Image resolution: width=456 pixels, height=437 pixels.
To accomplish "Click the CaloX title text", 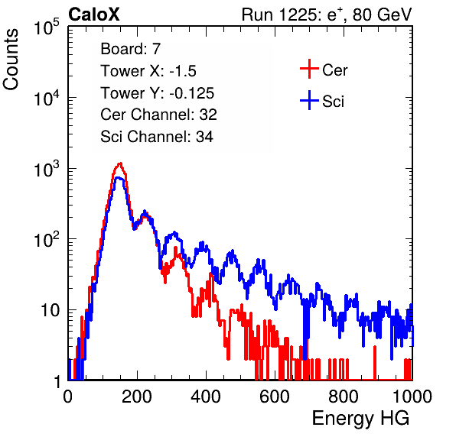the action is pyautogui.click(x=94, y=15).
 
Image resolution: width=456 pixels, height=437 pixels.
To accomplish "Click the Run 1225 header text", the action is pyautogui.click(x=327, y=15).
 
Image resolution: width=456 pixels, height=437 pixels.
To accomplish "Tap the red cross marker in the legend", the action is pyautogui.click(x=309, y=69).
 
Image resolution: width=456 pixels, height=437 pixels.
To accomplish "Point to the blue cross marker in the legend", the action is pyautogui.click(x=309, y=100).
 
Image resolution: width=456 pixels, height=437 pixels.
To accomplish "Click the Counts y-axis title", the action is pyautogui.click(x=11, y=60).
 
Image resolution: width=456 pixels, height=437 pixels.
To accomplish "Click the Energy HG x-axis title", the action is pyautogui.click(x=360, y=418).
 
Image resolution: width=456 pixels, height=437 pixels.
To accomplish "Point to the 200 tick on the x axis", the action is pyautogui.click(x=137, y=397).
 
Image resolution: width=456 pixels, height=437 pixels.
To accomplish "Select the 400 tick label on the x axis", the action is pyautogui.click(x=206, y=397).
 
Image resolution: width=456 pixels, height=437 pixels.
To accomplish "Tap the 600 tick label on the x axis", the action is pyautogui.click(x=275, y=397).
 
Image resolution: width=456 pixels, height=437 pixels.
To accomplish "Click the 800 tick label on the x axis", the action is pyautogui.click(x=344, y=397).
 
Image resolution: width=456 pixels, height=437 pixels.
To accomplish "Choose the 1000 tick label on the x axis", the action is pyautogui.click(x=412, y=397).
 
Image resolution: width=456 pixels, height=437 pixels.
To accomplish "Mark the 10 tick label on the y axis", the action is pyautogui.click(x=50, y=310).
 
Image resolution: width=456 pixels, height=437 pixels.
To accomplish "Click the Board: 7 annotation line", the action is pyautogui.click(x=131, y=49).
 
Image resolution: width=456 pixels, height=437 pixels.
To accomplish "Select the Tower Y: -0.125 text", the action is pyautogui.click(x=158, y=93).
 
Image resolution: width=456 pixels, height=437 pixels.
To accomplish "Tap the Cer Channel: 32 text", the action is pyautogui.click(x=159, y=115).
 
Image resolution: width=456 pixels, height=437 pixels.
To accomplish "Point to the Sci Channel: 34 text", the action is pyautogui.click(x=157, y=137).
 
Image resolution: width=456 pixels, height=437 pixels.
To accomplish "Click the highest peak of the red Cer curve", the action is pyautogui.click(x=120, y=163).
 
